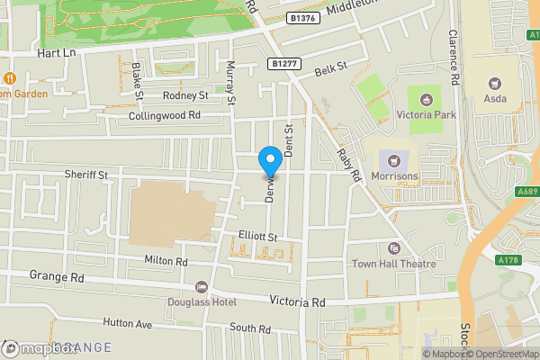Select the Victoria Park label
[x=426, y=114]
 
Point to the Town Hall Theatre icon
[x=393, y=248]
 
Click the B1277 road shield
[x=283, y=64]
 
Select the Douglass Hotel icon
[x=200, y=289]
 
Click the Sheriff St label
[x=85, y=175]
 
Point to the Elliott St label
[x=256, y=236]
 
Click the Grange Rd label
[x=56, y=275]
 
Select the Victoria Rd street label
[x=297, y=303]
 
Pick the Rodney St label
[x=185, y=95]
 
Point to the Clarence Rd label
[x=455, y=58]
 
